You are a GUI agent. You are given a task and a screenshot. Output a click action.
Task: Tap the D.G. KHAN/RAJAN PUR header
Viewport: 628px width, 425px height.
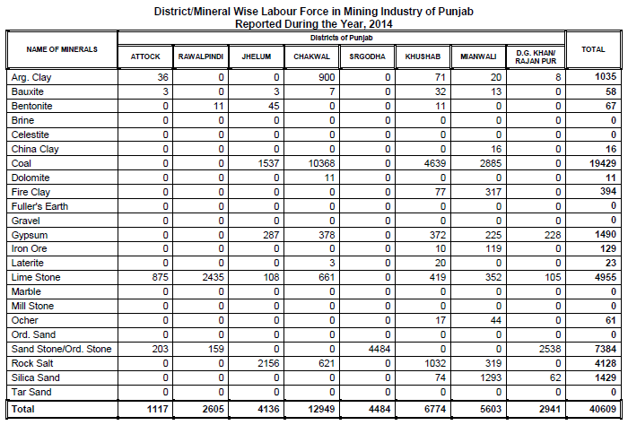(x=536, y=56)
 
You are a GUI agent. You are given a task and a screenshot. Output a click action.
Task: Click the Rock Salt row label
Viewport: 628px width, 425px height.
(x=33, y=363)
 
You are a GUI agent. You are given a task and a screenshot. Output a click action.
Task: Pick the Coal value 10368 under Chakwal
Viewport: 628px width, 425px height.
(x=319, y=164)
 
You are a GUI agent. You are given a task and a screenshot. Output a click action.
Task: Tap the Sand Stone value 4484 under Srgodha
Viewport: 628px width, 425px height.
(x=377, y=349)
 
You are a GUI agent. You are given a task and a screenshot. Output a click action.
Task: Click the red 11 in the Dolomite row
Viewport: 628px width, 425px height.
(x=330, y=178)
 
